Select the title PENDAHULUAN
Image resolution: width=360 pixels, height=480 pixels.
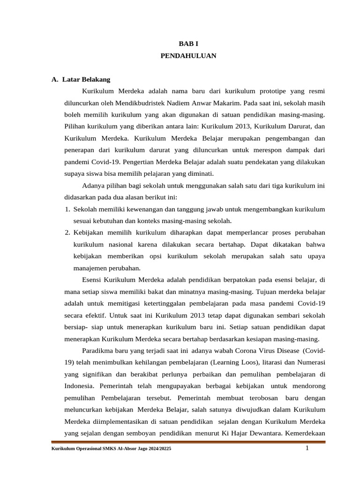coord(188,55)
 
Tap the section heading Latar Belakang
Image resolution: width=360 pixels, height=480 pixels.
coord(90,80)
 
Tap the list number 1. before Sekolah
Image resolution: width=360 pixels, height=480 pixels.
coord(67,209)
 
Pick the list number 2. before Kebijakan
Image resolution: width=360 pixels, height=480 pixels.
coord(67,233)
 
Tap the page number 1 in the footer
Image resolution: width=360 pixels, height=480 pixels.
coord(307,449)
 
